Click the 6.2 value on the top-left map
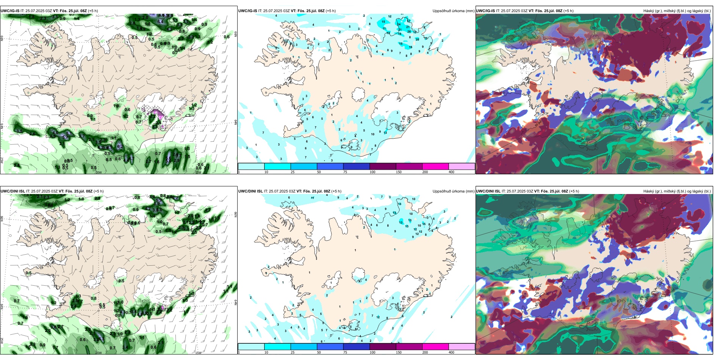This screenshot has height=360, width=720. click(x=120, y=146)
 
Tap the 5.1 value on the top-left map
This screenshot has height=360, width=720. click(x=69, y=133)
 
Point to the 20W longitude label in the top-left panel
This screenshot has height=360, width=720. click(x=99, y=172)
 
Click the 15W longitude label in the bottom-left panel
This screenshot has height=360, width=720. click(x=198, y=353)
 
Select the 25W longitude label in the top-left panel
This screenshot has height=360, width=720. click(x=2, y=161)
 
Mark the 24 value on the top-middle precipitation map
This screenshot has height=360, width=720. click(x=399, y=25)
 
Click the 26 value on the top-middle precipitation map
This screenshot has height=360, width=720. click(x=409, y=32)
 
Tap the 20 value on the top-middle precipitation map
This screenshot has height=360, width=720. click(x=417, y=39)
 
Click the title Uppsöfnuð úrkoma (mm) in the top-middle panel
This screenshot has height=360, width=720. click(x=453, y=11)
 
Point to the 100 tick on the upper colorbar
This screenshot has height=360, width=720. click(x=373, y=172)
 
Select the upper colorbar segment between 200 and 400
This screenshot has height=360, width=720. click(x=462, y=166)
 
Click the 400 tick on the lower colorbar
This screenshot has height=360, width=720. click(x=451, y=352)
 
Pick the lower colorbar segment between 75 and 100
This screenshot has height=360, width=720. click(x=356, y=347)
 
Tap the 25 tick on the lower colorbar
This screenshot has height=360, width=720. click(x=293, y=352)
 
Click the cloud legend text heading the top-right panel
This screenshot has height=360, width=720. click(x=677, y=11)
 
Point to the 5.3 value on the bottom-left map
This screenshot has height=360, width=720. click(x=101, y=339)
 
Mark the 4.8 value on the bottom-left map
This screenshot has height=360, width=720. click(x=140, y=314)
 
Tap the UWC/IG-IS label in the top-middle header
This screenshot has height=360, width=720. click(x=247, y=11)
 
